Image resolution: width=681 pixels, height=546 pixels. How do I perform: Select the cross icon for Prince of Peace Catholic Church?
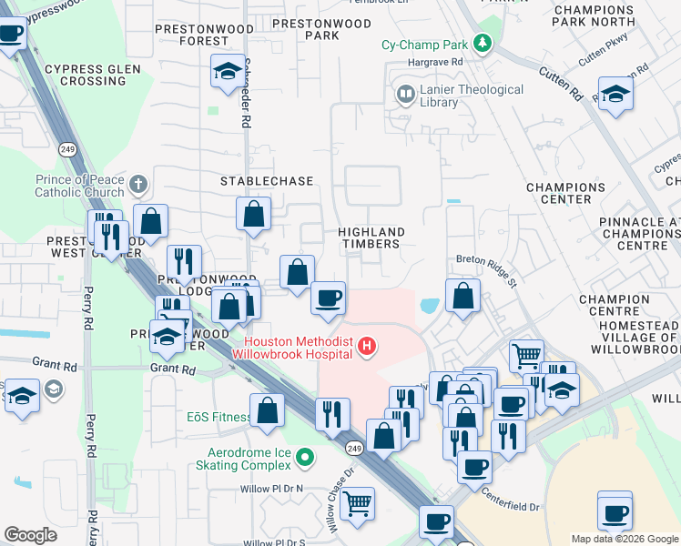pyautogui.click(x=138, y=185)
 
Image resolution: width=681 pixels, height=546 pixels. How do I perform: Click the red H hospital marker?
pyautogui.click(x=366, y=346)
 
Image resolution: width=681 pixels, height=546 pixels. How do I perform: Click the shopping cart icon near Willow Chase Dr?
pyautogui.click(x=357, y=501)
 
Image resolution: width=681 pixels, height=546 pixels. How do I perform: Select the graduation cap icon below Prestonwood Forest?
pyautogui.click(x=226, y=71)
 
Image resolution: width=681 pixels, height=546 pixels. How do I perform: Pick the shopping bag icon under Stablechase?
pyautogui.click(x=254, y=215)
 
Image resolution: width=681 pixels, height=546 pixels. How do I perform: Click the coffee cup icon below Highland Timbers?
pyautogui.click(x=328, y=298)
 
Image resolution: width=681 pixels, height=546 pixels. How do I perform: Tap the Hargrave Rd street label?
pyautogui.click(x=437, y=62)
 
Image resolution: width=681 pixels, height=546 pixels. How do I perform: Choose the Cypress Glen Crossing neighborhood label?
pyautogui.click(x=93, y=75)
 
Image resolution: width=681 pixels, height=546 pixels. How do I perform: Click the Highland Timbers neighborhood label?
pyautogui.click(x=369, y=238)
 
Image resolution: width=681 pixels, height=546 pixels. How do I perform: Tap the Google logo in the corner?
pyautogui.click(x=30, y=535)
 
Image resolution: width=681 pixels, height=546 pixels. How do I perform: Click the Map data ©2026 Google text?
pyautogui.click(x=625, y=539)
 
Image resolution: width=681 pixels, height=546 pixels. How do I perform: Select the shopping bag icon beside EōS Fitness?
pyautogui.click(x=267, y=410)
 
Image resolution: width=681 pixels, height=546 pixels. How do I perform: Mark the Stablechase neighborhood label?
pyautogui.click(x=267, y=181)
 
